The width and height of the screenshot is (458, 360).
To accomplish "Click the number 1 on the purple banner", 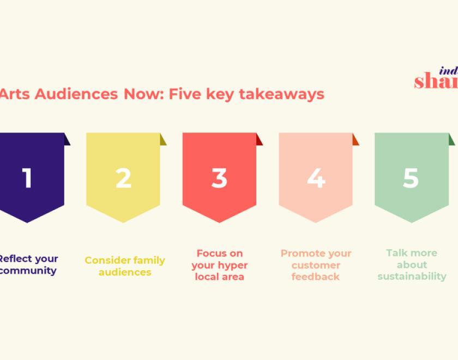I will pyautogui.click(x=27, y=178).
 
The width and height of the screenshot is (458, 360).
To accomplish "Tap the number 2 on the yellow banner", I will pyautogui.click(x=123, y=178).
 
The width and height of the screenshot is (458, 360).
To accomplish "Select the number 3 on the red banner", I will pyautogui.click(x=219, y=178).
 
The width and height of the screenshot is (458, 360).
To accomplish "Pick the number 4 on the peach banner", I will pyautogui.click(x=316, y=178).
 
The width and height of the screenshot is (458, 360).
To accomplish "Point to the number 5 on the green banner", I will pyautogui.click(x=411, y=178).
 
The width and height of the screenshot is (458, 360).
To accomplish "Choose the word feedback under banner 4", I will pyautogui.click(x=316, y=277).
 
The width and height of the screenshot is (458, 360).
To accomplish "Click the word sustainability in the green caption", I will pyautogui.click(x=412, y=277).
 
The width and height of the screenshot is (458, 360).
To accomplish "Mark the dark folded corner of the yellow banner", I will pyautogui.click(x=163, y=140).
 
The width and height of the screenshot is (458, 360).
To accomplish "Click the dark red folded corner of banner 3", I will pyautogui.click(x=259, y=140).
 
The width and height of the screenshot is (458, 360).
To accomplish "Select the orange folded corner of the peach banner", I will pyautogui.click(x=355, y=140).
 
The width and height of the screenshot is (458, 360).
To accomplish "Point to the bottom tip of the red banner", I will pyautogui.click(x=219, y=221).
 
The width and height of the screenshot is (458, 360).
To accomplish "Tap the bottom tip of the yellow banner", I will pyautogui.click(x=123, y=221).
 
